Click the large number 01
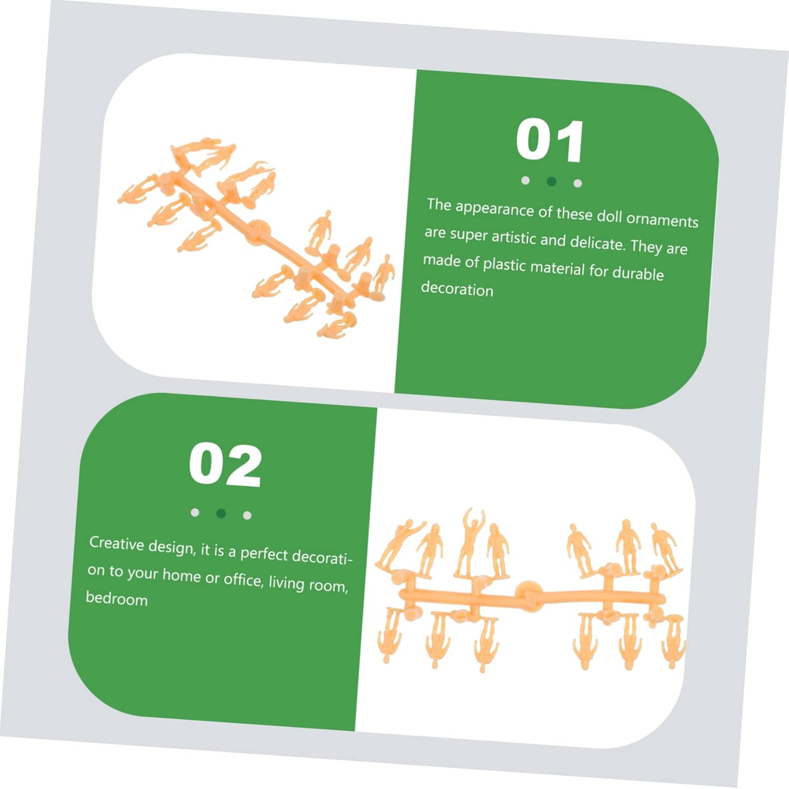click(550, 140)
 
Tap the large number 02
click(225, 464)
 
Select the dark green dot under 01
click(551, 181)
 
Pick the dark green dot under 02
click(221, 513)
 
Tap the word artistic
click(514, 238)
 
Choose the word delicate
click(598, 242)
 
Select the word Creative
click(116, 543)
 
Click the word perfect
click(264, 554)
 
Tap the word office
click(243, 580)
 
